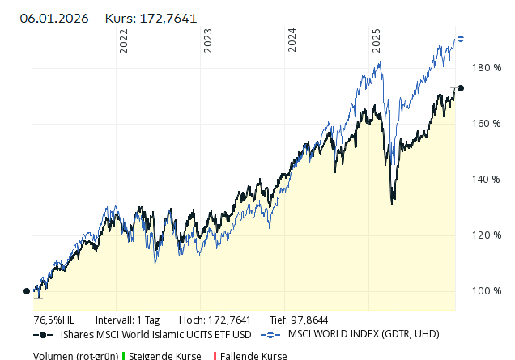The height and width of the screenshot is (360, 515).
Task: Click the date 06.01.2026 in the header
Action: point(54,18)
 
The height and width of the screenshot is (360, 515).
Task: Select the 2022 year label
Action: point(124,41)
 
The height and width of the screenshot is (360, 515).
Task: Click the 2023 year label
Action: point(208,41)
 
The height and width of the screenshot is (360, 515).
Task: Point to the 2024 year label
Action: point(292,41)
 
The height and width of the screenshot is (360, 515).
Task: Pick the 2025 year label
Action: point(377,41)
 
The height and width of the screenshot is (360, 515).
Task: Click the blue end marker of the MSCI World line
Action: point(461,38)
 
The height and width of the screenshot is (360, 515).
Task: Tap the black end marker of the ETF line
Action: point(461,88)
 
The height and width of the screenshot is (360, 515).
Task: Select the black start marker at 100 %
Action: point(27,291)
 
